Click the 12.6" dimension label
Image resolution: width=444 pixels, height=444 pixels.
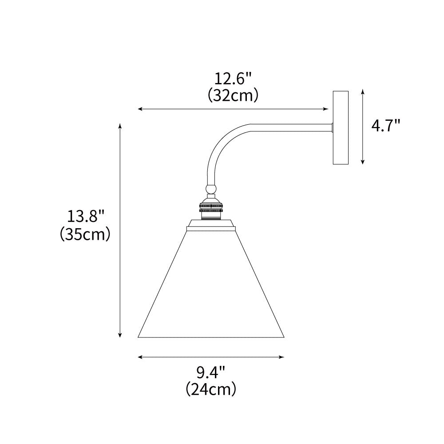pyautogui.click(x=233, y=80)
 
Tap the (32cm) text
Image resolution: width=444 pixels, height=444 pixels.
pyautogui.click(x=233, y=95)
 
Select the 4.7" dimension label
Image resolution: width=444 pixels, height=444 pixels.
pyautogui.click(x=385, y=126)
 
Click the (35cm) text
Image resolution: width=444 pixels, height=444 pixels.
pyautogui.click(x=85, y=234)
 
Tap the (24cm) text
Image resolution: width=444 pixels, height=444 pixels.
pyautogui.click(x=211, y=389)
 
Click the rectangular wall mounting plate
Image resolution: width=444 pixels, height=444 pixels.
pyautogui.click(x=341, y=127)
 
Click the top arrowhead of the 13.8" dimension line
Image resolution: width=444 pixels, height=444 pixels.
pyautogui.click(x=120, y=126)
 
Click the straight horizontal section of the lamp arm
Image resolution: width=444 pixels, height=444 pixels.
pyautogui.click(x=293, y=127)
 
